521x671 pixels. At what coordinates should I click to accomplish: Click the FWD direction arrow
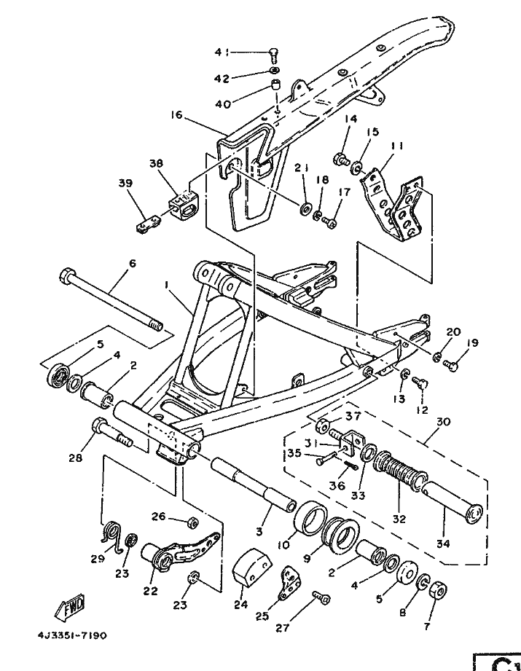click(70, 607)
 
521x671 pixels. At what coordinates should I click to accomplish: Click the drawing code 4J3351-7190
click(72, 635)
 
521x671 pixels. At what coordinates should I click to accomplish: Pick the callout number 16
click(176, 114)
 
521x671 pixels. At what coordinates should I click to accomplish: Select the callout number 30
click(443, 422)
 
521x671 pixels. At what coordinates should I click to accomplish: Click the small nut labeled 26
click(193, 522)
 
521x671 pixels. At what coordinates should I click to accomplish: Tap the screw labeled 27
click(321, 597)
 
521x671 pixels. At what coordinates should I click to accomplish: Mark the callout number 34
click(444, 544)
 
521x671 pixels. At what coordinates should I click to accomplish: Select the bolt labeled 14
click(342, 160)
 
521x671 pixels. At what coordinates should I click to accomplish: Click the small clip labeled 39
click(148, 224)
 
